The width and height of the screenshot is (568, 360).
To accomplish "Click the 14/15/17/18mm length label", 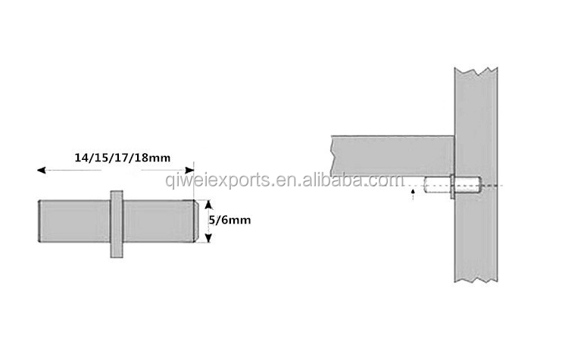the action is (x=123, y=158).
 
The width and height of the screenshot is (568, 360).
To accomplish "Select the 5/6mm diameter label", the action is (x=230, y=220).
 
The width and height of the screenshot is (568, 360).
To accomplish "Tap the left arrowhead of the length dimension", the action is (x=42, y=170).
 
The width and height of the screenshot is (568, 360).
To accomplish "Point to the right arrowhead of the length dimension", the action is (x=189, y=170).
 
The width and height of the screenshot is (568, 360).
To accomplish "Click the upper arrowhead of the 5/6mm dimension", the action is (x=208, y=205).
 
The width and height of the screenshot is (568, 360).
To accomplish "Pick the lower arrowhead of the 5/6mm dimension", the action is (x=208, y=238).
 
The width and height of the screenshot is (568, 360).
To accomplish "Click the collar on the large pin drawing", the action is (x=117, y=224).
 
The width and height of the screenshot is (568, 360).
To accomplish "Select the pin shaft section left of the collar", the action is (x=74, y=221).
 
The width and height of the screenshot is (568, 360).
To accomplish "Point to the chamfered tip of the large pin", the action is (x=195, y=221).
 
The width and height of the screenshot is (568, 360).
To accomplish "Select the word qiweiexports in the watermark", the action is (x=217, y=181).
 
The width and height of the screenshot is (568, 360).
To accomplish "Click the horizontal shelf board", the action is (x=392, y=156).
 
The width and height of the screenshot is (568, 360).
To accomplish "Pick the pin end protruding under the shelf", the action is (x=437, y=185).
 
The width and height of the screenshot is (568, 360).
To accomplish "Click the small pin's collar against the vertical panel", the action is (x=452, y=186).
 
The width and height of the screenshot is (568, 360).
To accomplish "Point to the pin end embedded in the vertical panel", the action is (x=468, y=185).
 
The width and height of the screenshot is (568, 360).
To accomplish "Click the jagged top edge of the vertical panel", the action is (x=476, y=71).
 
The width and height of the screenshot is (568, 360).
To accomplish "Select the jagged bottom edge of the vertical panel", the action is (x=476, y=280).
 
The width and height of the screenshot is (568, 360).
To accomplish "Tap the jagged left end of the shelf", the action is (x=332, y=156).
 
